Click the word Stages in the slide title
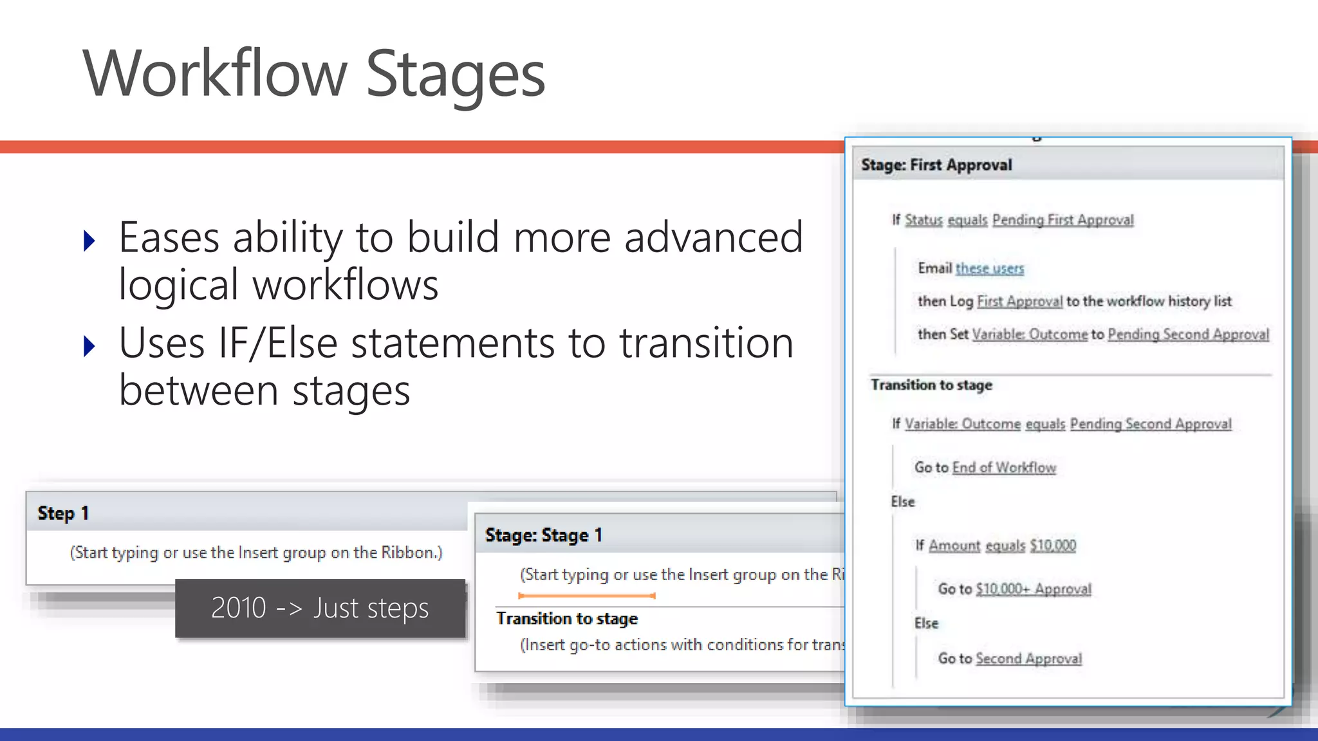click(455, 75)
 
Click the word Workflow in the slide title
click(215, 73)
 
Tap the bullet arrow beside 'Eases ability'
click(89, 241)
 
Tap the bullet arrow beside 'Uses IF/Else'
click(89, 347)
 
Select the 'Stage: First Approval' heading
click(936, 165)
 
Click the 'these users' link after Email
click(989, 268)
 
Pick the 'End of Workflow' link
click(1004, 468)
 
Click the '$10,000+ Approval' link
click(1034, 589)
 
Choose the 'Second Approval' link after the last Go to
click(1028, 659)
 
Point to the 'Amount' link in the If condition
click(954, 545)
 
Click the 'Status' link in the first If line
click(924, 220)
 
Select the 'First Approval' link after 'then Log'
click(1019, 301)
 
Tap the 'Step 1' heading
click(63, 513)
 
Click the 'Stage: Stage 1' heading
click(544, 535)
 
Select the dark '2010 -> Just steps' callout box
click(320, 608)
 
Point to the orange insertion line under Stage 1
click(586, 596)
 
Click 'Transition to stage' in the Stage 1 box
click(567, 619)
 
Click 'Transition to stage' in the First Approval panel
click(931, 385)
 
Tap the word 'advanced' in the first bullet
click(714, 237)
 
